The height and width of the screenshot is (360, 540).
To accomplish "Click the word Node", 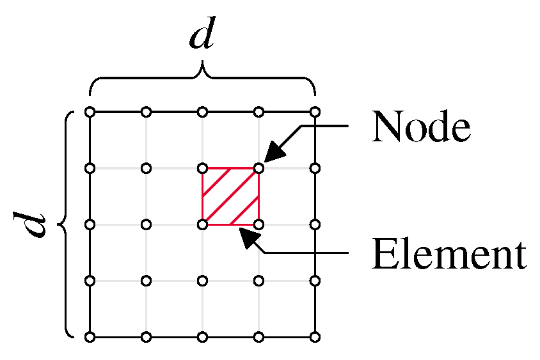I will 421,128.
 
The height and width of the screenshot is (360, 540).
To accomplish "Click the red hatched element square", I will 230,197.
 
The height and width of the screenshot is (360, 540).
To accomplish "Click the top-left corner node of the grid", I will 90,113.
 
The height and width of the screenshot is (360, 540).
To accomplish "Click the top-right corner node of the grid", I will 315,113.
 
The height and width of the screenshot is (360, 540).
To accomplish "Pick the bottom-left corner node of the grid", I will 90,336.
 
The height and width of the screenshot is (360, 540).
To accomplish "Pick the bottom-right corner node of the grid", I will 315,336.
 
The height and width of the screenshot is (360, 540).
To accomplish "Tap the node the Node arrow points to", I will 258,169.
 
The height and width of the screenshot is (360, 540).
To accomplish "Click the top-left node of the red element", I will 202,169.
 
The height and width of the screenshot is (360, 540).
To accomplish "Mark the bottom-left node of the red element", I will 202,224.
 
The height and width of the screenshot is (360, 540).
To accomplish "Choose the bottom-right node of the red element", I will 258,224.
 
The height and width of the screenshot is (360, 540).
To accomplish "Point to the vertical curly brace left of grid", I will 66,224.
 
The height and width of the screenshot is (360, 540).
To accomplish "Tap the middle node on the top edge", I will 202,113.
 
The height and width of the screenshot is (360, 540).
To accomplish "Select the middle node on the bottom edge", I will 202,336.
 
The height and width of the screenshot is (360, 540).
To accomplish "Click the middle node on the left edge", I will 90,224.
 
